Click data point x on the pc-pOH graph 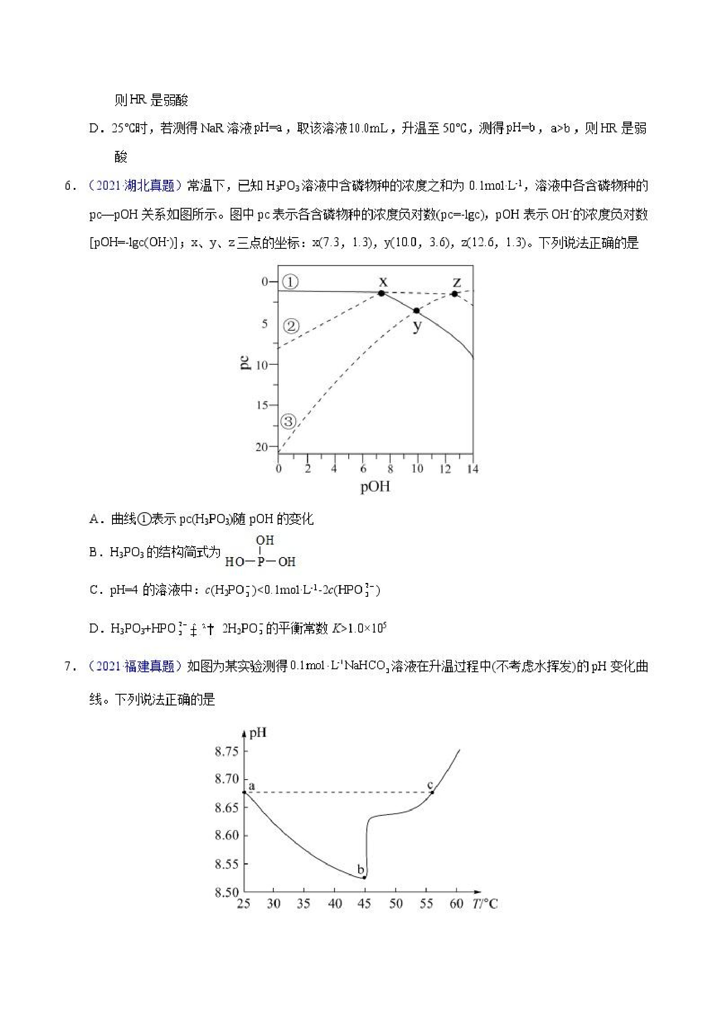click(382, 293)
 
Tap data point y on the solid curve click(416, 311)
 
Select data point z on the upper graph click(454, 294)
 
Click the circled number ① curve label click(290, 281)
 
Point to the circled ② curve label click(291, 326)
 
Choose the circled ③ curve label click(289, 422)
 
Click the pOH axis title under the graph click(375, 486)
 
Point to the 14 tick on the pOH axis click(473, 468)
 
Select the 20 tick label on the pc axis click(262, 446)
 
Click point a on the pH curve click(244, 793)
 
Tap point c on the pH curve click(432, 793)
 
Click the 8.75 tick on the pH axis click(226, 752)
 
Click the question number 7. click(70, 666)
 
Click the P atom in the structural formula click(260, 561)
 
